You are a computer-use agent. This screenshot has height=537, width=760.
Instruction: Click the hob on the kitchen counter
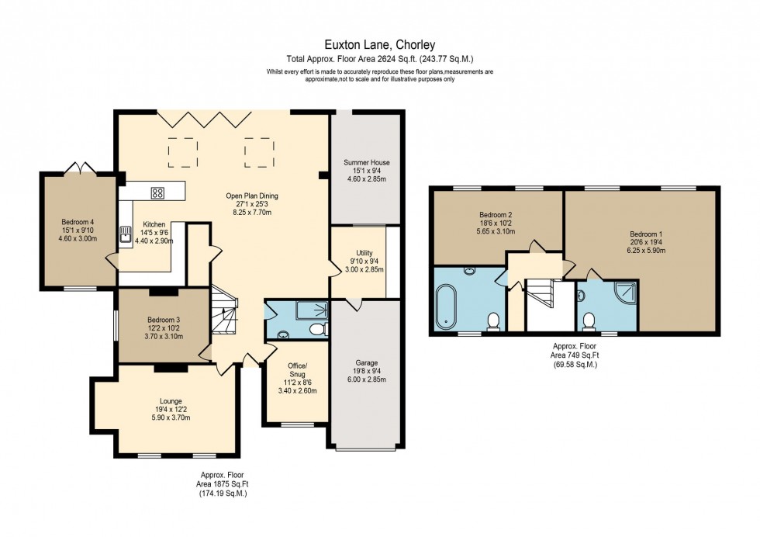point(157,193)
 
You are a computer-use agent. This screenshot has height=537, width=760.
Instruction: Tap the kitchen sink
point(125,234)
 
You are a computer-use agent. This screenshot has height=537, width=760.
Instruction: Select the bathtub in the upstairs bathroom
point(447,307)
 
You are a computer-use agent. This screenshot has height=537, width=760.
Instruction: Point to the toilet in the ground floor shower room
point(316,331)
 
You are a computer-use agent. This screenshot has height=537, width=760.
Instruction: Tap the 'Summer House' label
point(367,162)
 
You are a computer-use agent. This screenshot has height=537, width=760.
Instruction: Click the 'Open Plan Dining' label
point(252,196)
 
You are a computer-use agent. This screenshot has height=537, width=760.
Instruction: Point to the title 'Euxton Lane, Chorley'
point(380,45)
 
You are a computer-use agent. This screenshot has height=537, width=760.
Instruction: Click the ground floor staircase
point(225,314)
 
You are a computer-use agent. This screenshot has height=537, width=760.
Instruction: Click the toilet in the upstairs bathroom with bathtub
point(492,320)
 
